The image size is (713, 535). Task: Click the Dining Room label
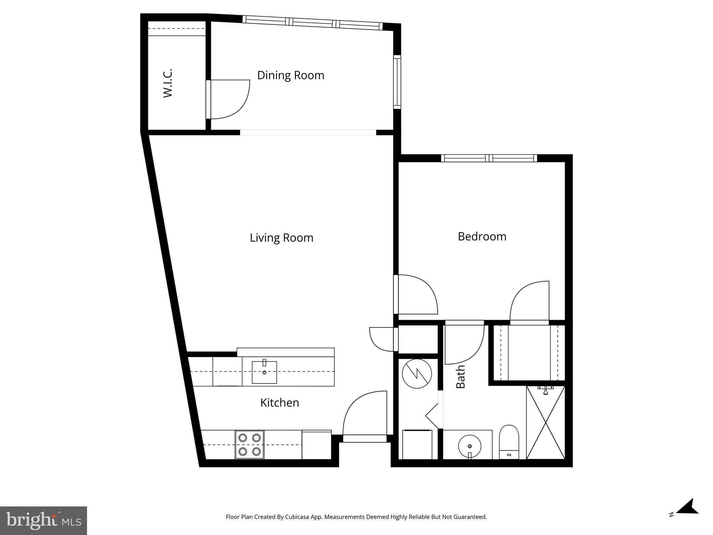pos(291,75)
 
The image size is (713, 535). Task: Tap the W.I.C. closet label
pos(168,83)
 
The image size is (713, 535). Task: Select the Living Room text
pos(281,238)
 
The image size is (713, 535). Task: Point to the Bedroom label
pos(482,237)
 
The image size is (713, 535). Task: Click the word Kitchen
pos(280,403)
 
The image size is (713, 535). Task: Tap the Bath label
pos(461,377)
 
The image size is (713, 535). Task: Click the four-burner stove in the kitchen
pos(250,445)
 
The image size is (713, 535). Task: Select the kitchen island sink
pos(264,372)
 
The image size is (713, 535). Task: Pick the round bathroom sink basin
pos(470,446)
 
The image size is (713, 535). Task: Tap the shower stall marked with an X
pos(545,422)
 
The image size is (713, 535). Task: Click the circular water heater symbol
pos(417,374)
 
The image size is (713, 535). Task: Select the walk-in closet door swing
pos(230,99)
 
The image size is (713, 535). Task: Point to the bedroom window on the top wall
pos(489,158)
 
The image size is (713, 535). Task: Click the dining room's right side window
pos(397,82)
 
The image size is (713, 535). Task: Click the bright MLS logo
pos(43,520)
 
